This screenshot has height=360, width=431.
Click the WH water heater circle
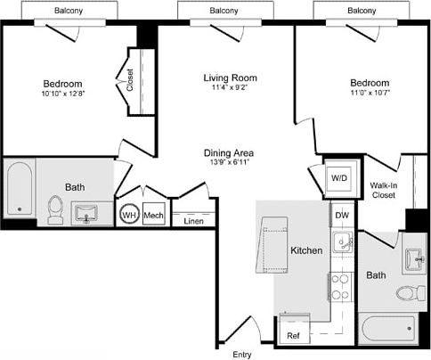tap(130, 215)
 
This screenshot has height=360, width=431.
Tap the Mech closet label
tap(153, 215)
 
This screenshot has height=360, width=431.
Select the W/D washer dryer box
tap(340, 178)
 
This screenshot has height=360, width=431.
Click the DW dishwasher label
tap(341, 215)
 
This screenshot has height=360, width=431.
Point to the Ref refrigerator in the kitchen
tap(293, 336)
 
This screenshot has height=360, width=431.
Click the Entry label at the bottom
tap(241, 355)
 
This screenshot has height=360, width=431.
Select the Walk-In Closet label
tap(384, 189)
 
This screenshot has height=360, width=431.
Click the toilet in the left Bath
tap(55, 210)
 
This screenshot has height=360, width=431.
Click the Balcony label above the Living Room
tap(224, 10)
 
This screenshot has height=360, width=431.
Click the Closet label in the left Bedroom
tap(130, 81)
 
